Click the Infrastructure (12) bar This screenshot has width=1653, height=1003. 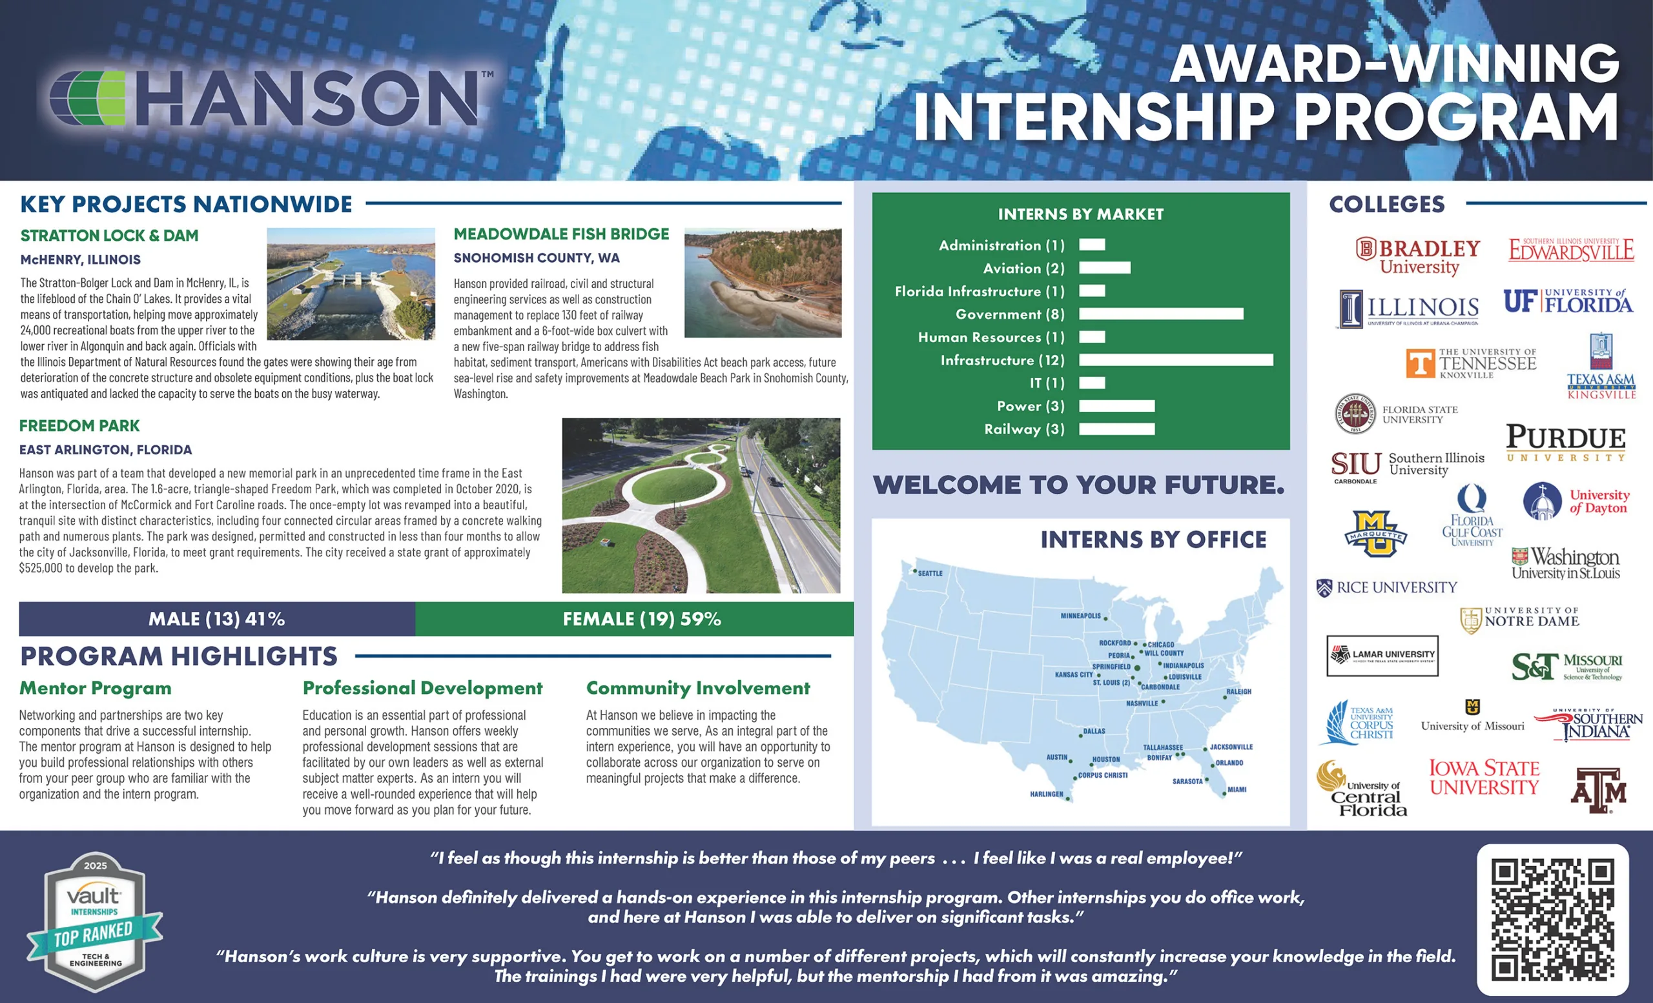click(x=1175, y=360)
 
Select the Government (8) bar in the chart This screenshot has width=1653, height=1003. click(x=1160, y=314)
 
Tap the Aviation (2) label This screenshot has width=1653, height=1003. click(x=1023, y=268)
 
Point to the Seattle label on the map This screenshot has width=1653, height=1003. click(x=930, y=573)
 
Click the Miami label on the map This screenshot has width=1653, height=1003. click(x=1237, y=789)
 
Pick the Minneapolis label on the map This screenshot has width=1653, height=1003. click(x=1081, y=616)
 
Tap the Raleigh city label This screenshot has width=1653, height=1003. click(x=1239, y=691)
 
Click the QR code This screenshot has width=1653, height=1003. click(x=1552, y=919)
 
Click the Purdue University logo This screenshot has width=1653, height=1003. click(x=1566, y=443)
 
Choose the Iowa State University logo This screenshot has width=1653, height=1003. click(x=1484, y=778)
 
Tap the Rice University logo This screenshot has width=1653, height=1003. click(x=1387, y=587)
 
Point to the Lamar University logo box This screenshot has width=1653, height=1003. click(x=1382, y=656)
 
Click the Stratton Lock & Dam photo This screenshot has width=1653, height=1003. click(x=351, y=283)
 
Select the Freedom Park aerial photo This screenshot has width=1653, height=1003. click(x=701, y=505)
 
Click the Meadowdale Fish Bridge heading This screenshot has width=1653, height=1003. click(x=562, y=234)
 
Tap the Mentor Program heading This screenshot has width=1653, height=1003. click(x=96, y=688)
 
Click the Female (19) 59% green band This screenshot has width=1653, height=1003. click(x=635, y=619)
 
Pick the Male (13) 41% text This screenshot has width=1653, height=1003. click(x=217, y=619)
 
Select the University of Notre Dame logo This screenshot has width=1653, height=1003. click(x=1520, y=619)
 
